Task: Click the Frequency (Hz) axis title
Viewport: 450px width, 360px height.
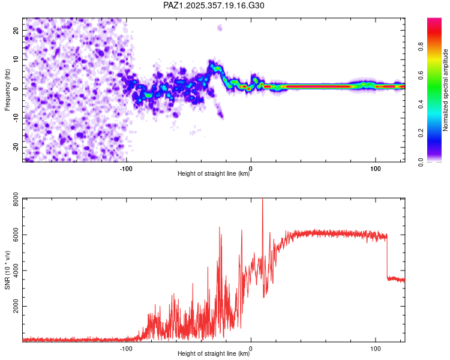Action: pos(7,90)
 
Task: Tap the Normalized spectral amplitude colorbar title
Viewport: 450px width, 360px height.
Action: pos(446,90)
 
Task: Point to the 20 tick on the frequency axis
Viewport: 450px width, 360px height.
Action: pos(16,29)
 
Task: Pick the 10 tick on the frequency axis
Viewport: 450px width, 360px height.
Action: pos(16,59)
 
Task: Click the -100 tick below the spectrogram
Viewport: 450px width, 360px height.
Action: pos(126,169)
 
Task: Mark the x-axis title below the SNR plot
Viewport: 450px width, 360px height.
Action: pos(214,354)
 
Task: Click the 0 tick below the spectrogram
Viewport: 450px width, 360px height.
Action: pos(251,169)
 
